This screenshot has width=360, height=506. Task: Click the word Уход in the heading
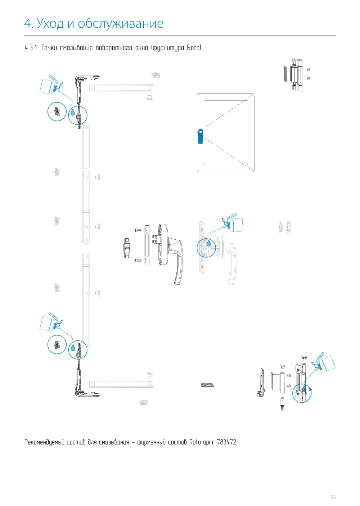coord(50,23)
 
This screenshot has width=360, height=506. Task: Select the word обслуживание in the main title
coord(121,23)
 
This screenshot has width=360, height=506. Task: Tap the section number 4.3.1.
coord(31,48)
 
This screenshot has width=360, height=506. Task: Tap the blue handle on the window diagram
coord(201,136)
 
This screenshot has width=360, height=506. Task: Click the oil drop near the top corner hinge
coord(73,112)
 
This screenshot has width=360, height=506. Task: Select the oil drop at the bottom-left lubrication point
coord(73,348)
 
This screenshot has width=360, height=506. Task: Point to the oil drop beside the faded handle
coord(208,243)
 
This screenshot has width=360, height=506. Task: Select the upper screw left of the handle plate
coord(138,230)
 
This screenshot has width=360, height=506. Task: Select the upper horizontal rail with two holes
coord(121,88)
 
